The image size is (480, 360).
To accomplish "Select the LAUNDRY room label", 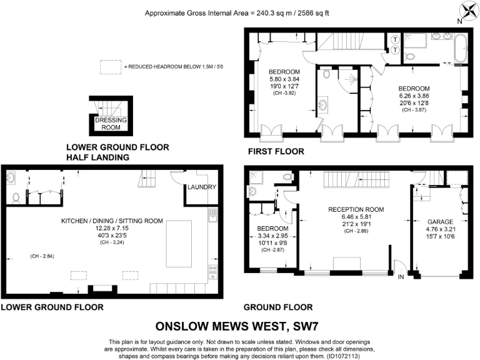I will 202,187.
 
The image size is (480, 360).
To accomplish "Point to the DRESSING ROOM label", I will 111,123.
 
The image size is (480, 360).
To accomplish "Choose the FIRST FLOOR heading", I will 276,151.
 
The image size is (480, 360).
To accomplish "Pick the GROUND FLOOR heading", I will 278,307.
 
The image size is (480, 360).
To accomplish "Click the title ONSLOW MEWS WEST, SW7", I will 240,326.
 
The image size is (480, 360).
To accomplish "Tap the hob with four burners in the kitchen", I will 212,271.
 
